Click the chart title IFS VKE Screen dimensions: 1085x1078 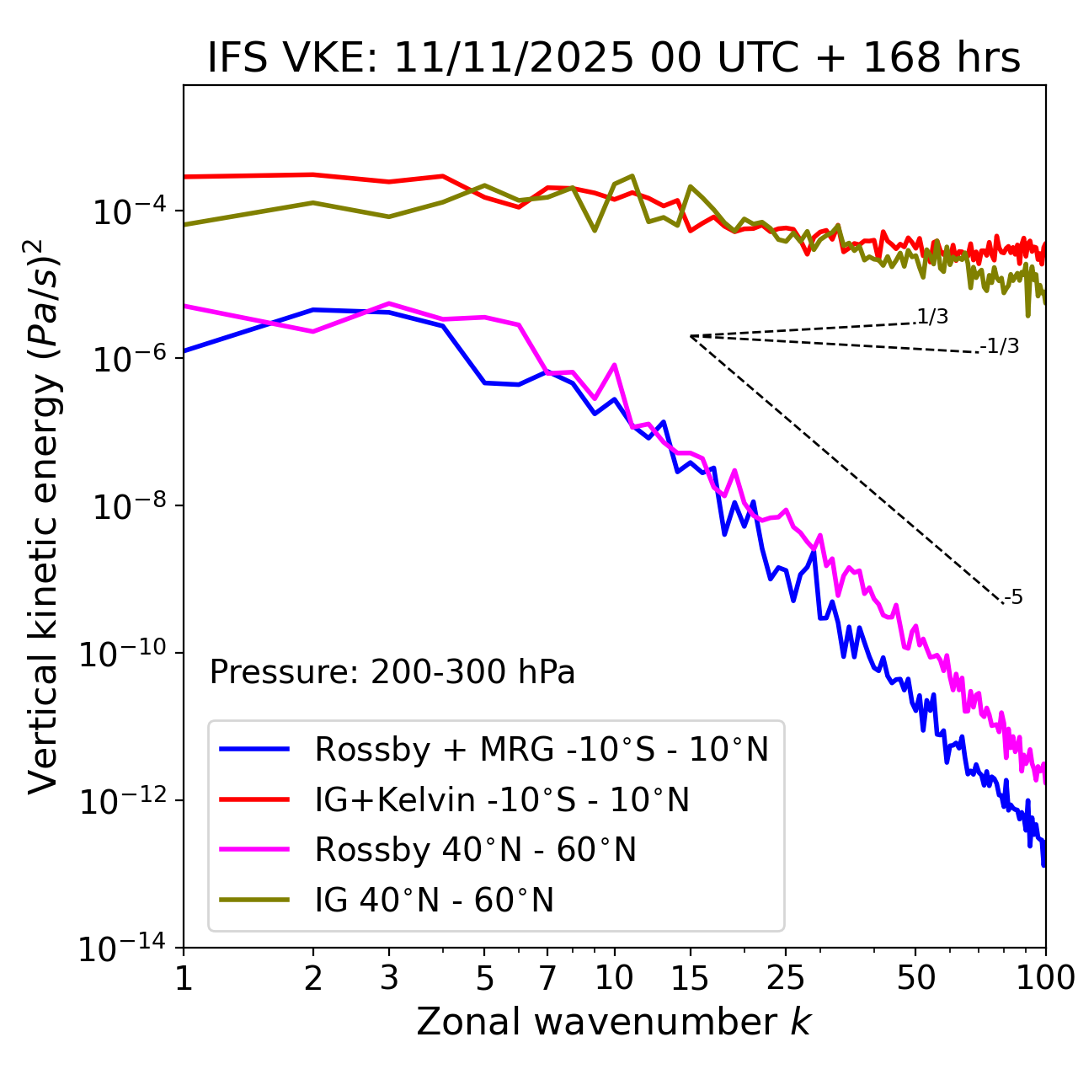click(614, 58)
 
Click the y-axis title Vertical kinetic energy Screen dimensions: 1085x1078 click(44, 516)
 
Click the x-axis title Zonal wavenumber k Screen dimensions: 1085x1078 click(613, 1021)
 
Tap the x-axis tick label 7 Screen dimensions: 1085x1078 click(547, 978)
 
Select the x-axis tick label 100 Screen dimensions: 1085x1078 click(1045, 978)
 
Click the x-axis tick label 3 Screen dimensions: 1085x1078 click(389, 978)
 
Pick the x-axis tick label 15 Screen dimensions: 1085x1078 click(690, 978)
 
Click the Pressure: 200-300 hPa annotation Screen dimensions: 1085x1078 click(392, 672)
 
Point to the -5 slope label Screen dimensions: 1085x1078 click(1013, 598)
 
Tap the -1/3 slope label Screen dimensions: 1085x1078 click(1000, 346)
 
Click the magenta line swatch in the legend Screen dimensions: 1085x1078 click(254, 850)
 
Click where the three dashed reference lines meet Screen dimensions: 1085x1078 click(691, 336)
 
